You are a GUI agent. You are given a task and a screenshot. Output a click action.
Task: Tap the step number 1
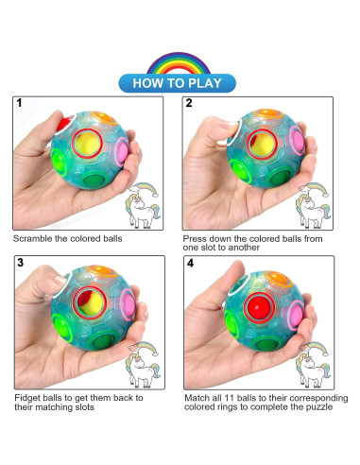(x=19, y=104)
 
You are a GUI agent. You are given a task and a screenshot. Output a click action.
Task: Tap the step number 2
(x=189, y=104)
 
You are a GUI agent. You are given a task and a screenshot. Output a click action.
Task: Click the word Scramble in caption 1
(x=32, y=237)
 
